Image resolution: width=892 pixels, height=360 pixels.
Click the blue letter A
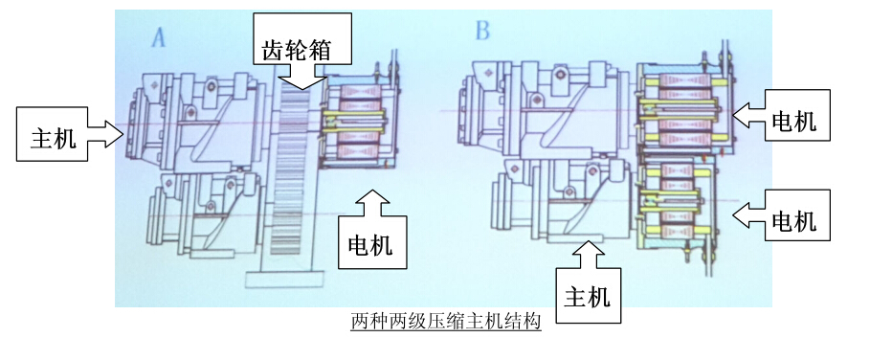(159, 38)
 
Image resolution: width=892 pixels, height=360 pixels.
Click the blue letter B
(482, 31)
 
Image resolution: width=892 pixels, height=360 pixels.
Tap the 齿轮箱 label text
(297, 50)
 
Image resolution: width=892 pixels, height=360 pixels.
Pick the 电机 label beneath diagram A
(370, 245)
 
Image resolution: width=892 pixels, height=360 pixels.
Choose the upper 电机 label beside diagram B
(793, 122)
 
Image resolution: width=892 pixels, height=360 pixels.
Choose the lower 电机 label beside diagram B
(793, 220)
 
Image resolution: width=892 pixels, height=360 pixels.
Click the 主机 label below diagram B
(587, 297)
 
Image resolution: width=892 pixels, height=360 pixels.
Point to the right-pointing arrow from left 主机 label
(106, 134)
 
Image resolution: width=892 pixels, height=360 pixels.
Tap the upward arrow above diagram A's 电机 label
(372, 202)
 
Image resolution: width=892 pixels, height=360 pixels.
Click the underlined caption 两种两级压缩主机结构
(445, 322)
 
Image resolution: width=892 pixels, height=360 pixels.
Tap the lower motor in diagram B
(677, 202)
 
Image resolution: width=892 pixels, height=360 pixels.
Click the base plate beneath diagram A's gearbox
(285, 279)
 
